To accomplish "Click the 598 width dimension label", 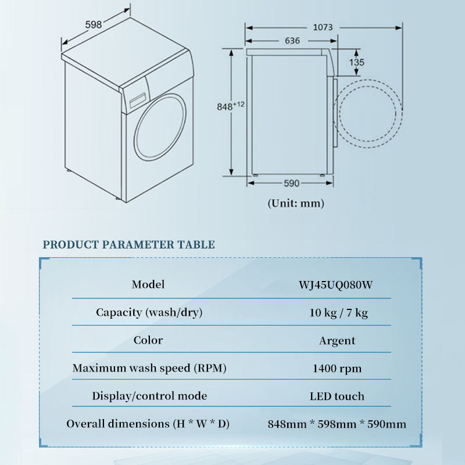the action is [94, 24].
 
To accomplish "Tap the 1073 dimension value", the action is [323, 27].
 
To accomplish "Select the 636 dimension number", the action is [292, 41].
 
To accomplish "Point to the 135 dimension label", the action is [356, 62].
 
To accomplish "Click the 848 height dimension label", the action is [230, 106].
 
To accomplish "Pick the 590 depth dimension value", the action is [292, 183].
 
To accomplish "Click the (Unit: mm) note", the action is [296, 203].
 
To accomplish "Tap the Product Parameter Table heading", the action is [128, 244].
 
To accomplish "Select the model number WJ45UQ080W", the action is [335, 285].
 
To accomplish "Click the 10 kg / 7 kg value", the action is [338, 313].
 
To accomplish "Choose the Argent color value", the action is [337, 341].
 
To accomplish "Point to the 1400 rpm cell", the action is [337, 369].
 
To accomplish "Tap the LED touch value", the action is [337, 396].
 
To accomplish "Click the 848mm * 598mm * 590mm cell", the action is [337, 424].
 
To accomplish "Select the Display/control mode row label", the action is [149, 396].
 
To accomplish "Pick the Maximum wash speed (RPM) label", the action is [149, 368].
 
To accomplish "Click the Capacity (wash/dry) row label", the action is [149, 312].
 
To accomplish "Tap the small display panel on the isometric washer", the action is [138, 100].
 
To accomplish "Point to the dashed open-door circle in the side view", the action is [402, 114].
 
